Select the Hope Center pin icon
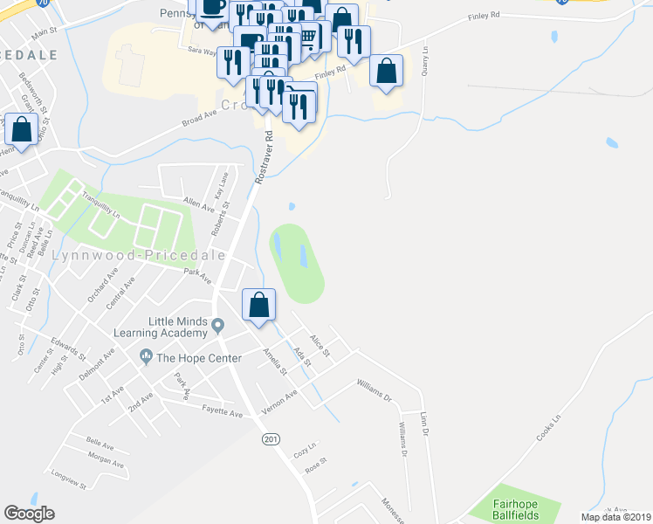[x=145, y=356]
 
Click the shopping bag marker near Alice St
[x=258, y=306]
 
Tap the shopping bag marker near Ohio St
[x=21, y=130]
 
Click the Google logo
[x=29, y=514]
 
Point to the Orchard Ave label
[x=102, y=285]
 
